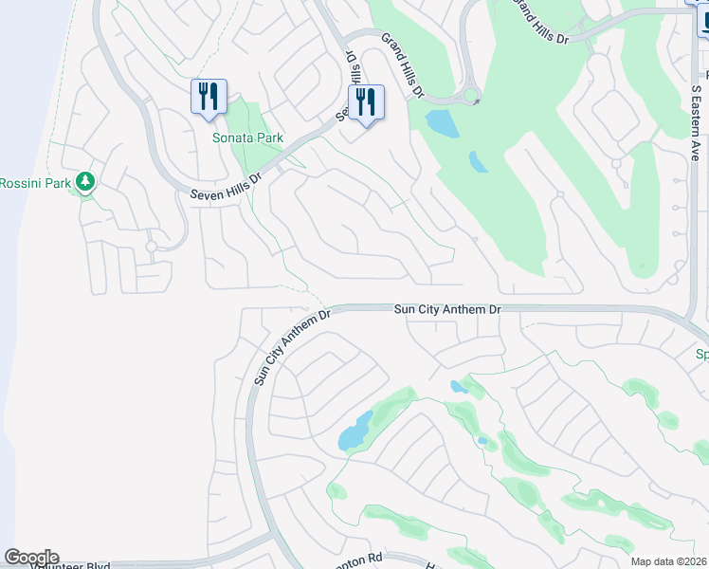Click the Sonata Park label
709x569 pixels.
point(247,138)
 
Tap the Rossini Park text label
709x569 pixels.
point(33,182)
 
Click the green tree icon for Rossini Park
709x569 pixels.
point(85,180)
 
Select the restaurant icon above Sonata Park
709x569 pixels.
point(209,97)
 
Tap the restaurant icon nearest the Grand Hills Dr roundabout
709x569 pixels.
point(366,102)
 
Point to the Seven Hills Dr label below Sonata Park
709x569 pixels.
point(226,187)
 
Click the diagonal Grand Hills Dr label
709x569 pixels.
point(402,64)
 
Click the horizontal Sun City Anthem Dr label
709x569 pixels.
point(447,309)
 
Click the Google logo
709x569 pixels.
point(31,558)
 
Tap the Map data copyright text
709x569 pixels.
point(669,561)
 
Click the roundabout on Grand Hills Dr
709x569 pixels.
point(470,98)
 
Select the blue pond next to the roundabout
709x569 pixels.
point(440,122)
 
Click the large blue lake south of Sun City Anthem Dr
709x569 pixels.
point(355,431)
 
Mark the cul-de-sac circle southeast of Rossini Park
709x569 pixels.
point(151,247)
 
